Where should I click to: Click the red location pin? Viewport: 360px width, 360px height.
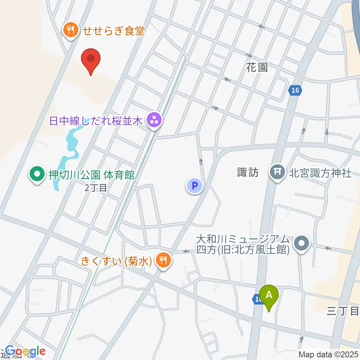91,60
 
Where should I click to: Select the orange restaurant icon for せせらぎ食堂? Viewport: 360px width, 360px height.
70,29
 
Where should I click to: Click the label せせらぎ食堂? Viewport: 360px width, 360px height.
114,30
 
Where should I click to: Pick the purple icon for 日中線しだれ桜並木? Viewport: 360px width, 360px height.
154,121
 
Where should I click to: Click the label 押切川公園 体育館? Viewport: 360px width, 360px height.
92,175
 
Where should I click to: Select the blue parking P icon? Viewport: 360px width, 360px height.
194,185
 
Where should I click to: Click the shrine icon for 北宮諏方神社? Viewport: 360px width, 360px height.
277,172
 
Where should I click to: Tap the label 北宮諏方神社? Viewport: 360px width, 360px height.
320,173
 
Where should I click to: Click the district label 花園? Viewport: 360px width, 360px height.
257,67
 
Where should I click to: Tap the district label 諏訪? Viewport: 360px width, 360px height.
248,172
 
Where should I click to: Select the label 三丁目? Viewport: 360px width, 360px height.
343,310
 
